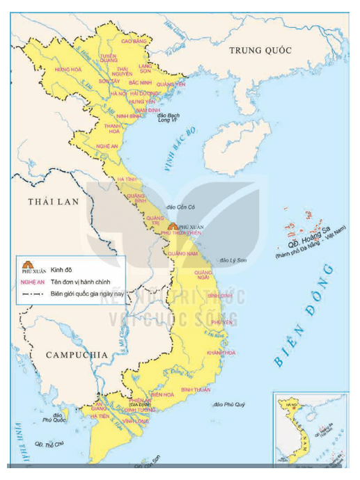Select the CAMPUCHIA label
[77, 355]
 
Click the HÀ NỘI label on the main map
[118, 93]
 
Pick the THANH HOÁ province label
[112, 128]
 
